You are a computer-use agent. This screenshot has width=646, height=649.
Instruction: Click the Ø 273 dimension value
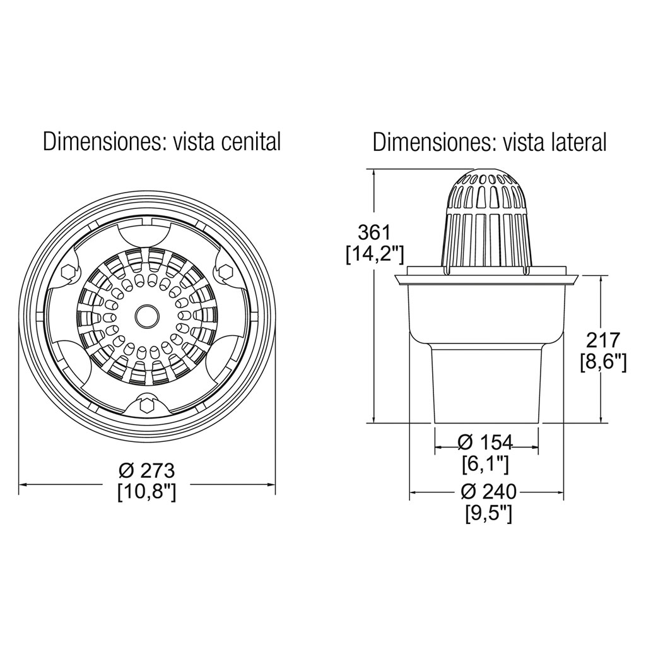coord(146,471)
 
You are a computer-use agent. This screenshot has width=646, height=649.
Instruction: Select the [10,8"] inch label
coord(146,492)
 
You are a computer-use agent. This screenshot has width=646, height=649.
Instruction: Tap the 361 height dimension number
coord(374,232)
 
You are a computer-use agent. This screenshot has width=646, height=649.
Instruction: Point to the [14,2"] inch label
coord(374,254)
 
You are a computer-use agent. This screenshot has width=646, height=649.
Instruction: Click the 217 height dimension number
coord(603,340)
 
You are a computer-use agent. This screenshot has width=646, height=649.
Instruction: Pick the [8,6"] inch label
coord(603,362)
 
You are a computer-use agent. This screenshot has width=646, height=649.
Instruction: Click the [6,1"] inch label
coord(486,464)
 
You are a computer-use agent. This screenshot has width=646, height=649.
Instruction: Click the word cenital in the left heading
coord(251,142)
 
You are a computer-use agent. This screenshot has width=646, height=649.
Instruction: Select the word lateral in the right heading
coord(578,142)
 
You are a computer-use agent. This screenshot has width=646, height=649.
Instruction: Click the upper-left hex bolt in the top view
coord(68,271)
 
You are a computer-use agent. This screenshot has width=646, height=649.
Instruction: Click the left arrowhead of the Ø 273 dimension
coord(23,485)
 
